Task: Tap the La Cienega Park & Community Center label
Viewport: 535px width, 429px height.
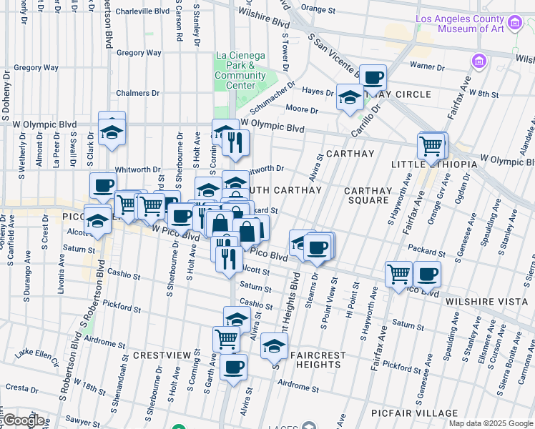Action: click(x=240, y=70)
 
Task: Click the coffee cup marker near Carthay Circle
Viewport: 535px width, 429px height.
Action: click(x=372, y=77)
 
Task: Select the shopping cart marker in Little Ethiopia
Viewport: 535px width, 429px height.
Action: click(x=431, y=145)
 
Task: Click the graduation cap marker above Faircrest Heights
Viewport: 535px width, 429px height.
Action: click(x=273, y=346)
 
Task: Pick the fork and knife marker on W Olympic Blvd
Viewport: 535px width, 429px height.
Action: click(x=235, y=142)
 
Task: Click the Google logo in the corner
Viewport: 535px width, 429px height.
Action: click(x=24, y=420)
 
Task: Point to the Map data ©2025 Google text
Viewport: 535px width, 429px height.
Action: click(x=491, y=423)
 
